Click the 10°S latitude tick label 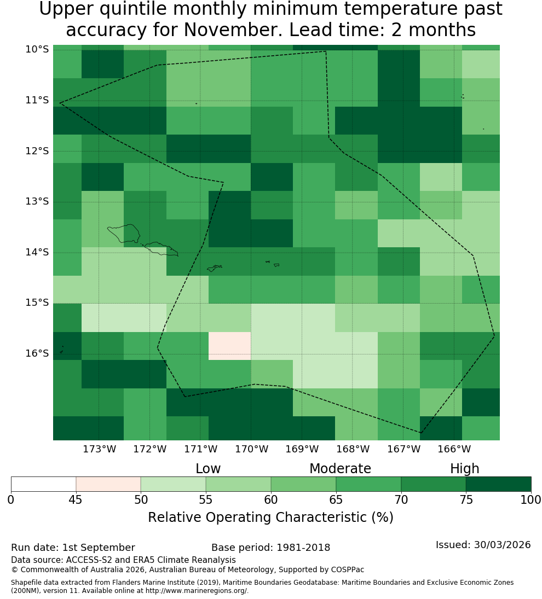tap(37, 49)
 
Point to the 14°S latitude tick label tap(37, 252)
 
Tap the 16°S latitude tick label tap(37, 353)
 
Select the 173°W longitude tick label tap(100, 449)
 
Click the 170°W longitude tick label tap(251, 449)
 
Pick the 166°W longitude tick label tap(454, 449)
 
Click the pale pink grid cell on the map tap(230, 346)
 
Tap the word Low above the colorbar tap(208, 469)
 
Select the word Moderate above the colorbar tap(340, 469)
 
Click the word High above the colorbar tap(464, 469)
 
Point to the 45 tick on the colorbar tap(76, 499)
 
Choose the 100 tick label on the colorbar tap(531, 499)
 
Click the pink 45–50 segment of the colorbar tap(108, 484)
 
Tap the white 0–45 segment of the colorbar tap(44, 484)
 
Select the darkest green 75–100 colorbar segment tap(498, 484)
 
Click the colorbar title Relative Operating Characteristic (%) tap(270, 517)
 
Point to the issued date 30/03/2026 tap(502, 545)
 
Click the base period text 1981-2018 tap(303, 548)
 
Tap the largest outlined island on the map tap(124, 233)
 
